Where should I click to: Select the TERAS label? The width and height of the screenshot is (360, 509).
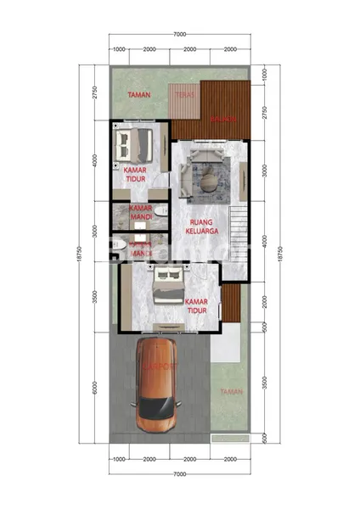184,96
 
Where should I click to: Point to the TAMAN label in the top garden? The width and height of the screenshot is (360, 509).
138,95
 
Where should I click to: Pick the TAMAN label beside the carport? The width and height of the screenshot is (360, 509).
230,391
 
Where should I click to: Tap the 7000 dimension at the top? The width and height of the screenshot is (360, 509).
179,34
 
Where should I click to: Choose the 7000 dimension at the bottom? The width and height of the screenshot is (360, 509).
179,472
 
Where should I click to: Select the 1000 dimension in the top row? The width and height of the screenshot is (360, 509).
120,49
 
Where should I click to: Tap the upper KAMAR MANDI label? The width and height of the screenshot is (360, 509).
140,212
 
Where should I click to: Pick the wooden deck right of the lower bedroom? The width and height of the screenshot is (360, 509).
230,302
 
